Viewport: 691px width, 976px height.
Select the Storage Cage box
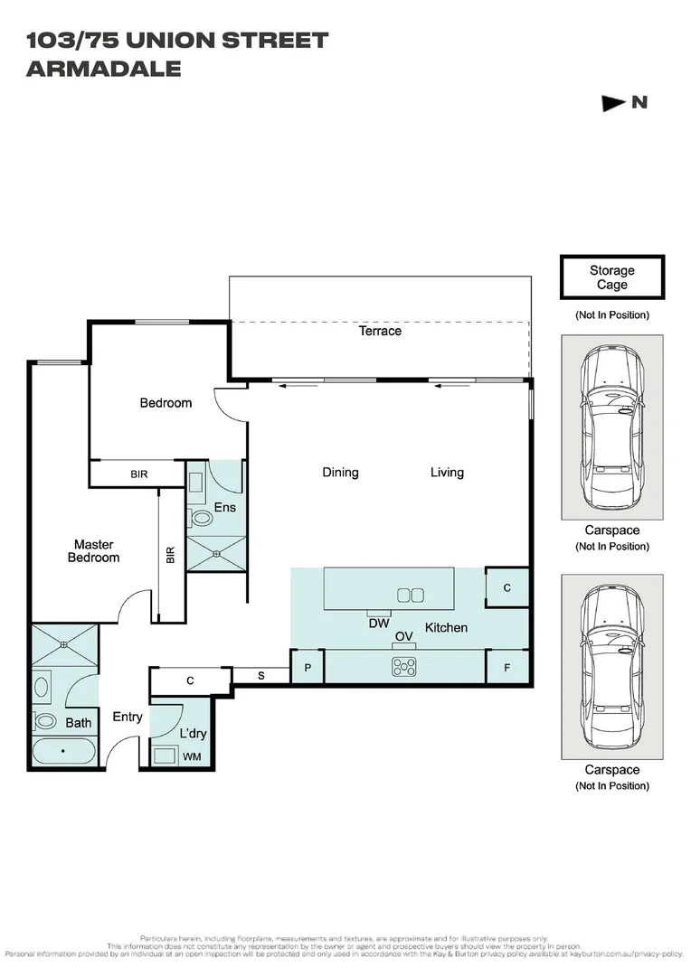[x=612, y=277]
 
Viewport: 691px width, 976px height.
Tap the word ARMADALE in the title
[x=104, y=69]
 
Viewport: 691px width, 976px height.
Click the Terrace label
[x=380, y=331]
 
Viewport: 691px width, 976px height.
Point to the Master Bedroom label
[x=94, y=551]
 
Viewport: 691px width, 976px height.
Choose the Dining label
[x=340, y=472]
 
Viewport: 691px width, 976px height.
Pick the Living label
[x=447, y=472]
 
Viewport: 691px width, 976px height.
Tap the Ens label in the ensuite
[x=224, y=507]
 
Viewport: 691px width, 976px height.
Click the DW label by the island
[x=379, y=623]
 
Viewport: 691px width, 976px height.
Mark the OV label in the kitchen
[x=403, y=637]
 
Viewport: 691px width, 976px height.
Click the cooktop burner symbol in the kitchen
[x=403, y=667]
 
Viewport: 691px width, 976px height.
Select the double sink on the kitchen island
[x=411, y=595]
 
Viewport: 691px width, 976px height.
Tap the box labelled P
[x=308, y=667]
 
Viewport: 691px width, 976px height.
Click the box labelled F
[x=506, y=667]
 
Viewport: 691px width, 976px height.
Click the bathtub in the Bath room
[x=62, y=752]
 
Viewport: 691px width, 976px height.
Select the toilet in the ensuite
[x=201, y=518]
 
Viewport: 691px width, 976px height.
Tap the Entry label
[x=128, y=717]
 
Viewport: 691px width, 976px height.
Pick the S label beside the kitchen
[x=261, y=675]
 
